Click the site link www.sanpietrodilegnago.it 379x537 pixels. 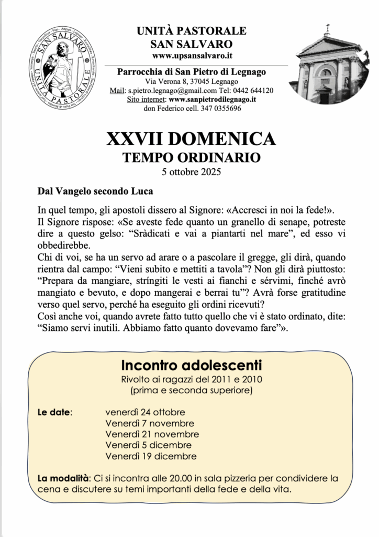click(x=213, y=99)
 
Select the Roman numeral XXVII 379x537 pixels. click(x=133, y=139)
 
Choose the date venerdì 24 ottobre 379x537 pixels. click(x=145, y=412)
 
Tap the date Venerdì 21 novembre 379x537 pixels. click(x=152, y=434)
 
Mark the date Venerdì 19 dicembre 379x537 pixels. click(x=151, y=456)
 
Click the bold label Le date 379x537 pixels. click(x=54, y=412)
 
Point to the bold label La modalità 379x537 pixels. click(x=61, y=478)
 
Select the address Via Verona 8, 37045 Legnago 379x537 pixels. click(x=192, y=81)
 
